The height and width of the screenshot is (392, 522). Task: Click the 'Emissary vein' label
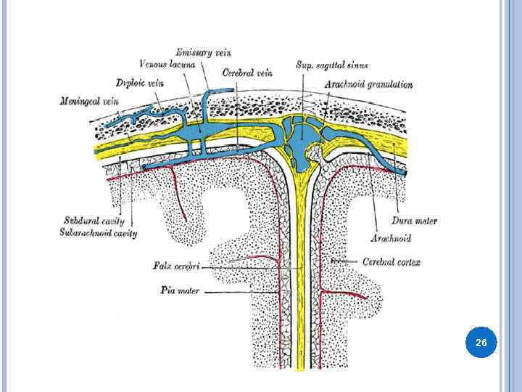(203, 52)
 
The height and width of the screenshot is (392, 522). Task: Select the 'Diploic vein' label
(139, 83)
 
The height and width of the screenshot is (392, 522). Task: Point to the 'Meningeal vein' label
(89, 101)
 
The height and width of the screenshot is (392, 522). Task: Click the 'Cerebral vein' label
(247, 73)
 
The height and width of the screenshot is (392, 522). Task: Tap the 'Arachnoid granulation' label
(368, 84)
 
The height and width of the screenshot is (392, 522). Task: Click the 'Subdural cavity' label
(94, 221)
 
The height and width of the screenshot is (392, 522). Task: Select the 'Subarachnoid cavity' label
(99, 233)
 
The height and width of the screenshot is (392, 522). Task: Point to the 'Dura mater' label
(414, 221)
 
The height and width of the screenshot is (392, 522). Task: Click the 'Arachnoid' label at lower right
(391, 237)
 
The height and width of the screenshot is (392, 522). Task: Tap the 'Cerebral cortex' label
(391, 262)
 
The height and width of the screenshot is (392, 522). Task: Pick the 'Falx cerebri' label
(176, 266)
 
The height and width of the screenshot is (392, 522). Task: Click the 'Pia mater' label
(180, 291)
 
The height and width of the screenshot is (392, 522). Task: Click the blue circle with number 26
(481, 341)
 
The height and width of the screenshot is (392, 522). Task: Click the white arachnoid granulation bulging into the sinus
(316, 152)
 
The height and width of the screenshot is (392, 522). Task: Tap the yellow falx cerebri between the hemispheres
(300, 290)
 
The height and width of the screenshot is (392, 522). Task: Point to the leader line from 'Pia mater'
(239, 292)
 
